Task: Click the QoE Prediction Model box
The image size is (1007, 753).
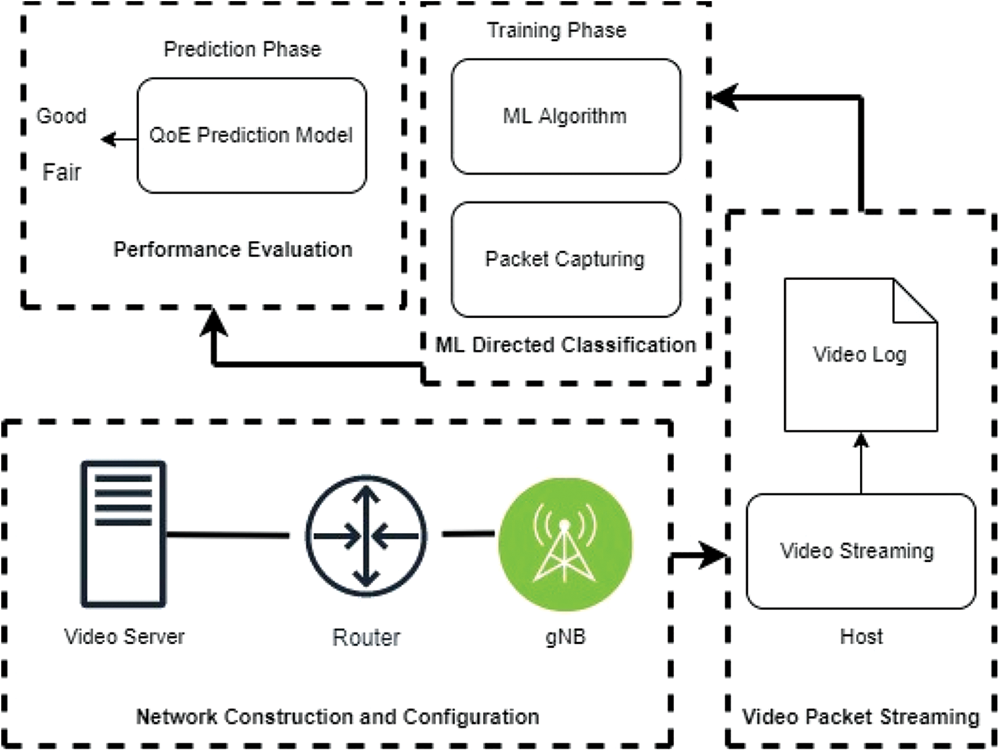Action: click(x=252, y=135)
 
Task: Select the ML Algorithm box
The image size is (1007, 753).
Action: click(x=566, y=116)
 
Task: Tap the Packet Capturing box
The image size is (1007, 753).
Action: click(x=566, y=259)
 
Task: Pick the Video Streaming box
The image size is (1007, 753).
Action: click(x=860, y=551)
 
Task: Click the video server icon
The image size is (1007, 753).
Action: click(x=124, y=535)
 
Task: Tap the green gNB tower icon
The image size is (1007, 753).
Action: click(x=565, y=544)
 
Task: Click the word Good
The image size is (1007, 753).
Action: click(x=61, y=116)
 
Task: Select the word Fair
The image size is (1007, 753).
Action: click(x=61, y=172)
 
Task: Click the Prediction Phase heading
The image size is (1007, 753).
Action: click(x=242, y=49)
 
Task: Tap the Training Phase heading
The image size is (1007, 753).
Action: click(x=557, y=30)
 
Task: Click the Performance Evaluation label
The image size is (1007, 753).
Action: click(x=233, y=250)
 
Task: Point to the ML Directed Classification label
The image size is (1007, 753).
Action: click(x=566, y=345)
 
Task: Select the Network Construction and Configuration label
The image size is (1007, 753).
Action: click(x=338, y=717)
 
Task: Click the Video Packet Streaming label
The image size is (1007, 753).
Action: click(x=860, y=717)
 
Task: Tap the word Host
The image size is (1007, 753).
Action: click(x=861, y=637)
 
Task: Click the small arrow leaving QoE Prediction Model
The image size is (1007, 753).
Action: click(x=119, y=139)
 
